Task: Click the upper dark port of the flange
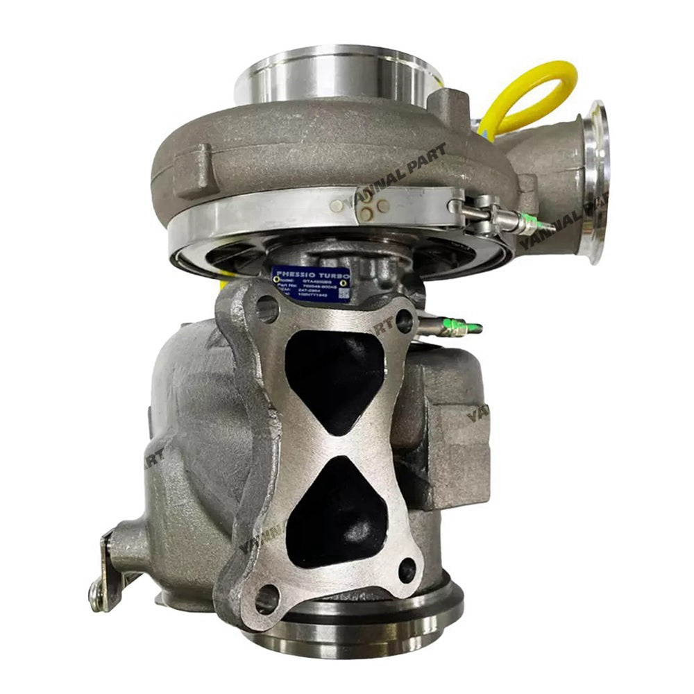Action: tap(336, 375)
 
